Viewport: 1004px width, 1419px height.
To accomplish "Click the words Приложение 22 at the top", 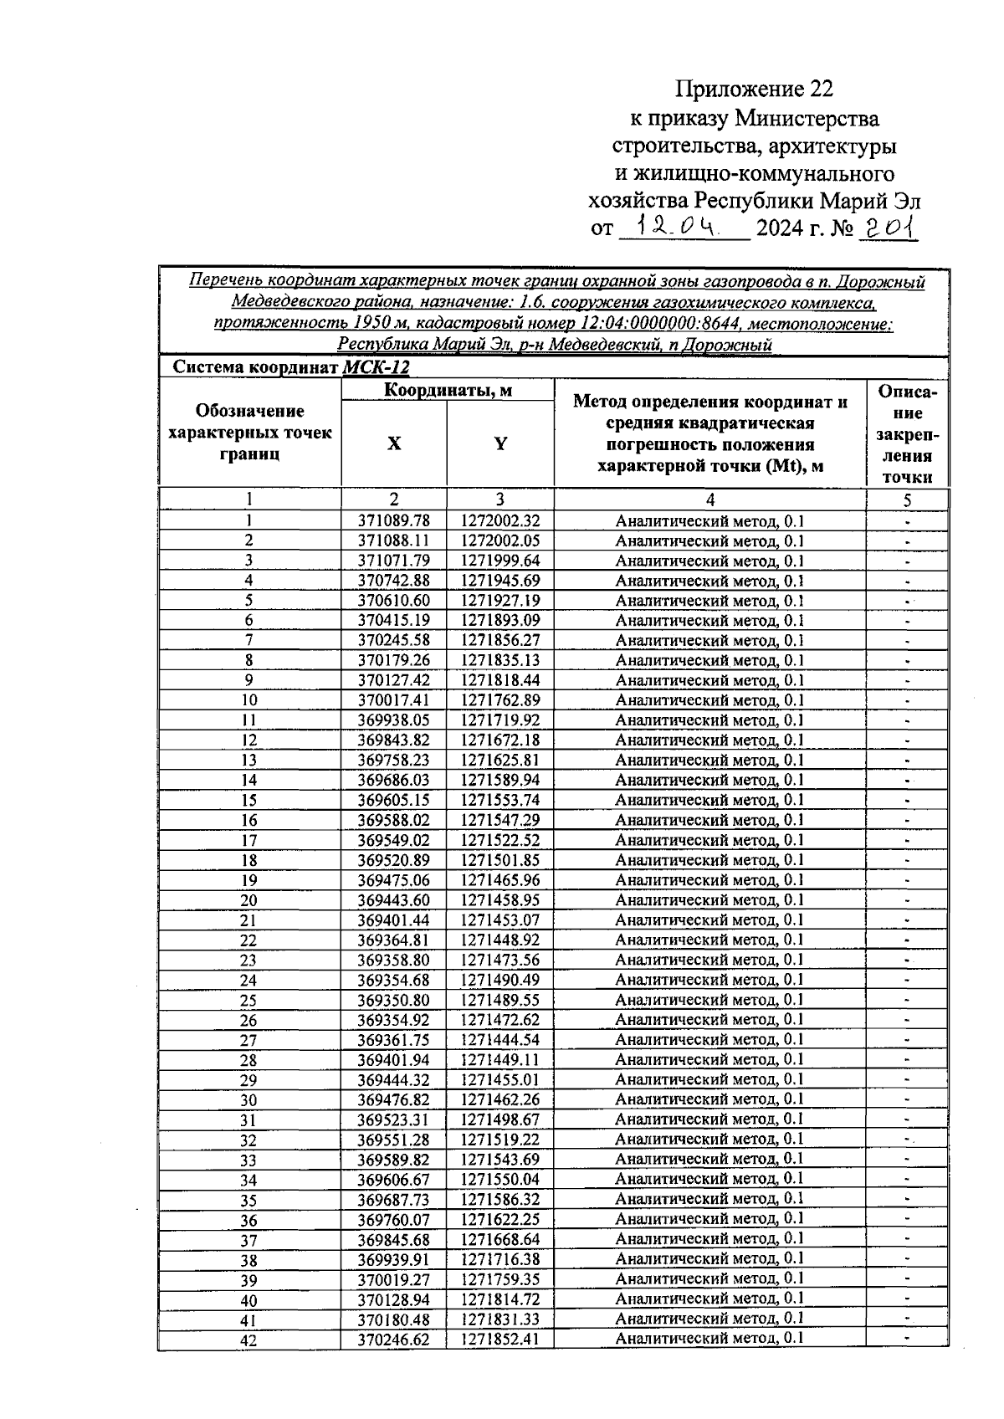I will [x=754, y=89].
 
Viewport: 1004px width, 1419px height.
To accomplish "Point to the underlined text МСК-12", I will [x=376, y=367].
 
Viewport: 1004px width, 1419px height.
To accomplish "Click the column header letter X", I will [x=393, y=444].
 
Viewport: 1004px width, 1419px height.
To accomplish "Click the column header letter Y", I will [x=499, y=444].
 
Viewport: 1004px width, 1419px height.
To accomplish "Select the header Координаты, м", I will [x=448, y=390].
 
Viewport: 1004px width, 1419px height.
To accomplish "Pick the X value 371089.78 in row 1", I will [x=393, y=520].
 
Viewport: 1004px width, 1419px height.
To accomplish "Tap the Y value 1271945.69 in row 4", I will [x=499, y=581].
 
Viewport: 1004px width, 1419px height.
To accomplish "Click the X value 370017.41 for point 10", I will [x=393, y=700].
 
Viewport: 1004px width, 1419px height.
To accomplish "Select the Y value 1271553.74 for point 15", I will [x=499, y=800].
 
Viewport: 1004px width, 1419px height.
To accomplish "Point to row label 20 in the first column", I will [x=248, y=900].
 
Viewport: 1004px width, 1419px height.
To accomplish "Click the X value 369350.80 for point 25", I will [x=393, y=1000].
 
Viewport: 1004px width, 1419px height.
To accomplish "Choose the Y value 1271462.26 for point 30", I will [x=499, y=1099].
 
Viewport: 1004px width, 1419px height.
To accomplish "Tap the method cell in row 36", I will [x=709, y=1219].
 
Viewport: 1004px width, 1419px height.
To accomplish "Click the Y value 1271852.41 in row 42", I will [x=499, y=1339].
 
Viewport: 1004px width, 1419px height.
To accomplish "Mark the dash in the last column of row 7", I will [x=907, y=641].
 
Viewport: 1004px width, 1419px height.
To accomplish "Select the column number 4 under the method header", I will [x=709, y=500].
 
